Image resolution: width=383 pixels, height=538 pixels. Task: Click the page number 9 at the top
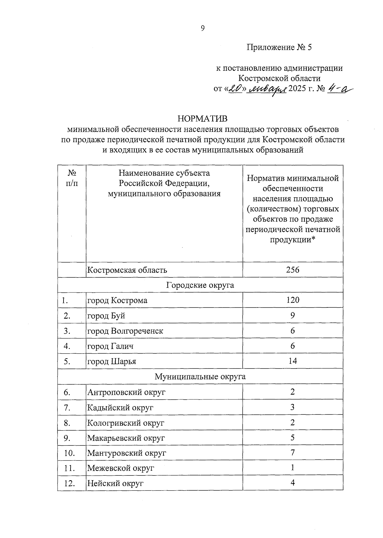tap(202, 28)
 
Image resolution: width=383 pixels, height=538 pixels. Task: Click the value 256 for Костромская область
tap(292, 270)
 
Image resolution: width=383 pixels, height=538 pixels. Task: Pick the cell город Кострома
tap(117, 300)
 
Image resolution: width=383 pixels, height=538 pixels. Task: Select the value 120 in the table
tap(292, 300)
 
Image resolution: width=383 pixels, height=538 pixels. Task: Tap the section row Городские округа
tap(200, 285)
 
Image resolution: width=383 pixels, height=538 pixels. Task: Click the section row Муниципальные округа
tap(200, 376)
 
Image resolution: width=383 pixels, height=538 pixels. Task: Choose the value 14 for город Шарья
tap(292, 361)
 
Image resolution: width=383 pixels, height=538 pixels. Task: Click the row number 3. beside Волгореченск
tap(67, 331)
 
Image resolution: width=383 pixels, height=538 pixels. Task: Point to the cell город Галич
tap(110, 346)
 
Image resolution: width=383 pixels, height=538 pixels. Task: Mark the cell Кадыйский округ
tap(120, 407)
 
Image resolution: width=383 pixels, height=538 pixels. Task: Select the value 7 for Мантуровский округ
tap(292, 452)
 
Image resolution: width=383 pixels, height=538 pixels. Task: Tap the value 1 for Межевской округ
tap(292, 468)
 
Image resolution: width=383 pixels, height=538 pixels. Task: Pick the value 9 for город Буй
tap(292, 315)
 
